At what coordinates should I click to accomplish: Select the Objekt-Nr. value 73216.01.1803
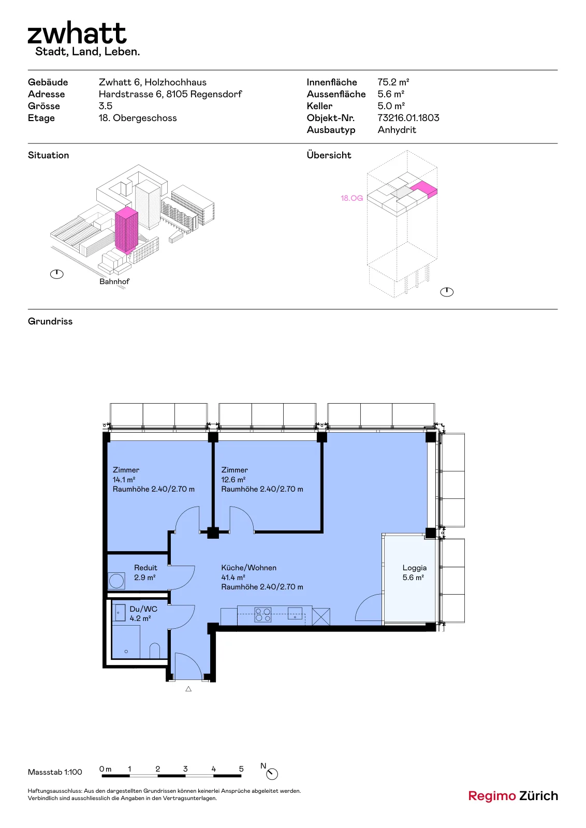coord(408,118)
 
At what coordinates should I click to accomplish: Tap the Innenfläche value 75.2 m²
coord(393,82)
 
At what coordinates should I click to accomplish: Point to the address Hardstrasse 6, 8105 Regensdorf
coord(170,94)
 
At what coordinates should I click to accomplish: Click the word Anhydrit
coord(397,130)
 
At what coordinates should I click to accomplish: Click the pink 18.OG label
coord(351,198)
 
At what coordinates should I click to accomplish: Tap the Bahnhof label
coord(114,282)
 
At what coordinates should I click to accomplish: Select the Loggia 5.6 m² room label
coord(414,572)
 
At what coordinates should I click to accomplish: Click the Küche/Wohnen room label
coord(248,568)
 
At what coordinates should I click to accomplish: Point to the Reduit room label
coord(145,568)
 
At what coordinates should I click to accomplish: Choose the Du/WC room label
coord(143,609)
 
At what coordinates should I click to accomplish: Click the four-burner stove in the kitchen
coord(263,615)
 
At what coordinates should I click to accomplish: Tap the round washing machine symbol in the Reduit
coord(116,581)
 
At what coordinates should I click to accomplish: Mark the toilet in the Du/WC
coord(155,651)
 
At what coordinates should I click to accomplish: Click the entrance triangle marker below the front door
coord(188,689)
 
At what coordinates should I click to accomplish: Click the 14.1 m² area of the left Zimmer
coord(124,479)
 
